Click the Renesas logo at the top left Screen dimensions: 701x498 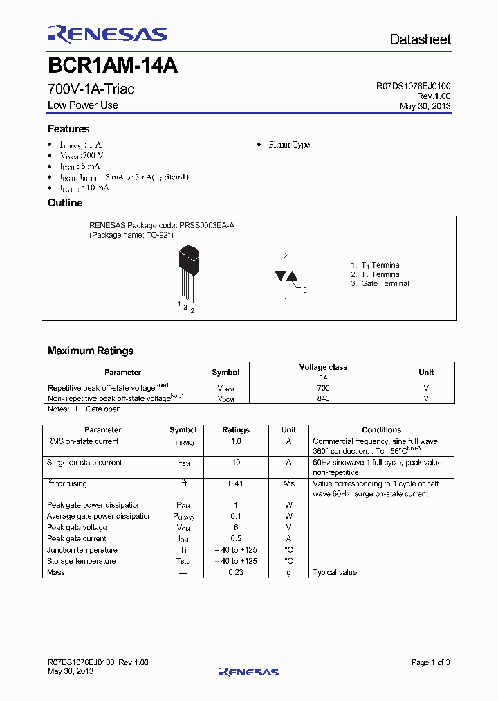107,35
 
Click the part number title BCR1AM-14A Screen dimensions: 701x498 113,66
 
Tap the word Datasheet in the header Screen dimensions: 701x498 420,39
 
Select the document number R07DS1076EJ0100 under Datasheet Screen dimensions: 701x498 413,87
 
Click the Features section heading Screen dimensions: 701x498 68,129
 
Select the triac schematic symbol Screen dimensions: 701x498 286,276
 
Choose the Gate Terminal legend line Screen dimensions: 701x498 380,283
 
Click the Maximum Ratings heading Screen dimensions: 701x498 91,350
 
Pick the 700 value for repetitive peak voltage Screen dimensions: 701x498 323,388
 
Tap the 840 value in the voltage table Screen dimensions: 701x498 323,398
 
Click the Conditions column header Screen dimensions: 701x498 381,429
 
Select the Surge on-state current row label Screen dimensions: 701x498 85,463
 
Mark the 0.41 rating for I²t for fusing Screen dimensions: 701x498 236,484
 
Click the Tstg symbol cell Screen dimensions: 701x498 183,561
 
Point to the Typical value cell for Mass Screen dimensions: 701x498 335,572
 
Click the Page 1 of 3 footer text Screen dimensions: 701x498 430,663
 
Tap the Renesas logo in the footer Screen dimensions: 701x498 248,671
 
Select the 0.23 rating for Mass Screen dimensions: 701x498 236,572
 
